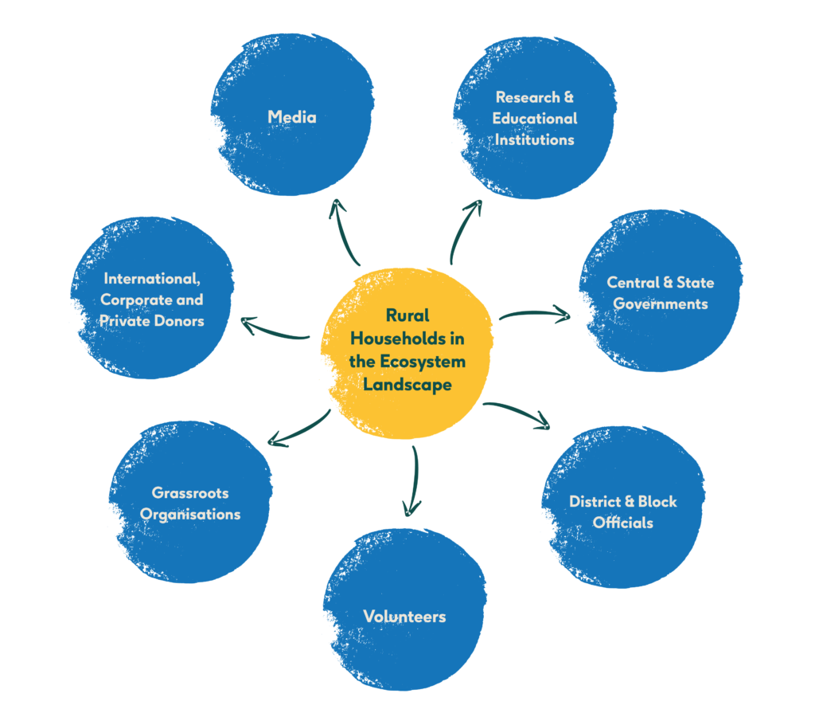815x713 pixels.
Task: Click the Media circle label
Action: pyautogui.click(x=292, y=117)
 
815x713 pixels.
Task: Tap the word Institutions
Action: pyautogui.click(x=534, y=139)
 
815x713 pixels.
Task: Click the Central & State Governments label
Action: pyautogui.click(x=660, y=293)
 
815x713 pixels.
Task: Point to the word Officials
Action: pyautogui.click(x=622, y=523)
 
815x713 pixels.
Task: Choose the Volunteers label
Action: pyautogui.click(x=404, y=616)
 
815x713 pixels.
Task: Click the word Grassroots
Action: pyautogui.click(x=190, y=493)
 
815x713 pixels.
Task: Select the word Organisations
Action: pyautogui.click(x=190, y=514)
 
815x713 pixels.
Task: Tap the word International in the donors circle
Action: pyautogui.click(x=151, y=279)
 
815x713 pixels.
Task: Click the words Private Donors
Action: pyautogui.click(x=151, y=321)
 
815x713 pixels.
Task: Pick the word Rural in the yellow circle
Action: pyautogui.click(x=407, y=315)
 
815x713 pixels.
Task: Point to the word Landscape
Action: pyautogui.click(x=407, y=385)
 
